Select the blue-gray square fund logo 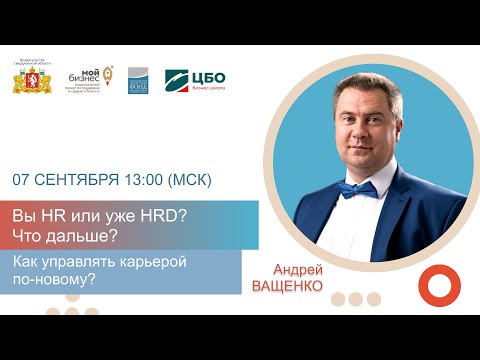pyautogui.click(x=137, y=81)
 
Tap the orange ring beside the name pyautogui.click(x=436, y=286)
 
